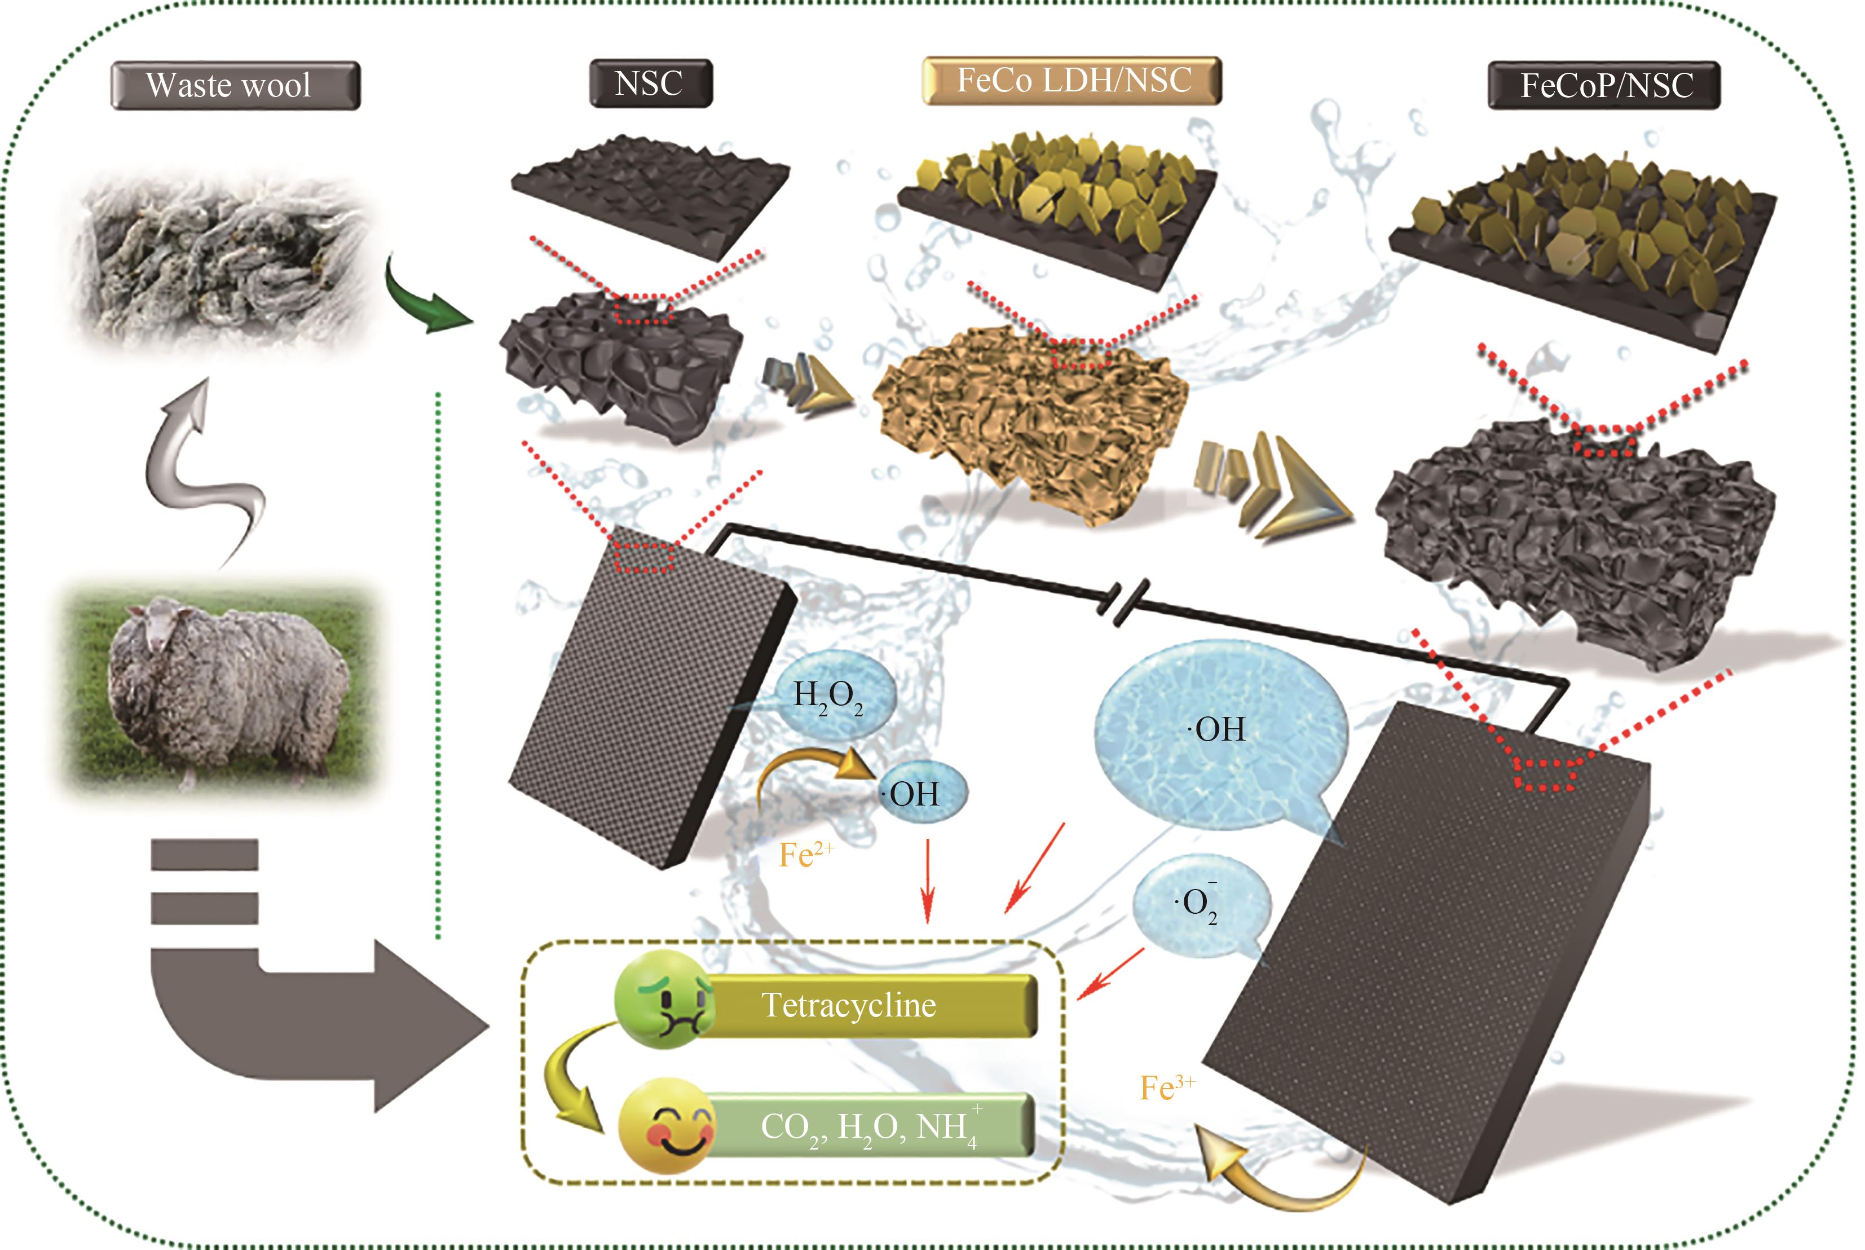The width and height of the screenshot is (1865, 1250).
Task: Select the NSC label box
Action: (650, 83)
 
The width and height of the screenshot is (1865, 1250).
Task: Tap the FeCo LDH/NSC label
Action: (1072, 81)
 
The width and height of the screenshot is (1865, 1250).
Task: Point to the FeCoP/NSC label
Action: (1604, 85)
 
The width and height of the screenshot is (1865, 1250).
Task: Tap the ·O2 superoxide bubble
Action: (1200, 903)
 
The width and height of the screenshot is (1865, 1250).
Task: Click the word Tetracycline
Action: (849, 1005)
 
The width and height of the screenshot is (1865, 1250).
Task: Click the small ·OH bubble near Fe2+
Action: (920, 793)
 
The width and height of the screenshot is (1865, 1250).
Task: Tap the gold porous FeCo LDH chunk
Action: (1032, 422)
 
